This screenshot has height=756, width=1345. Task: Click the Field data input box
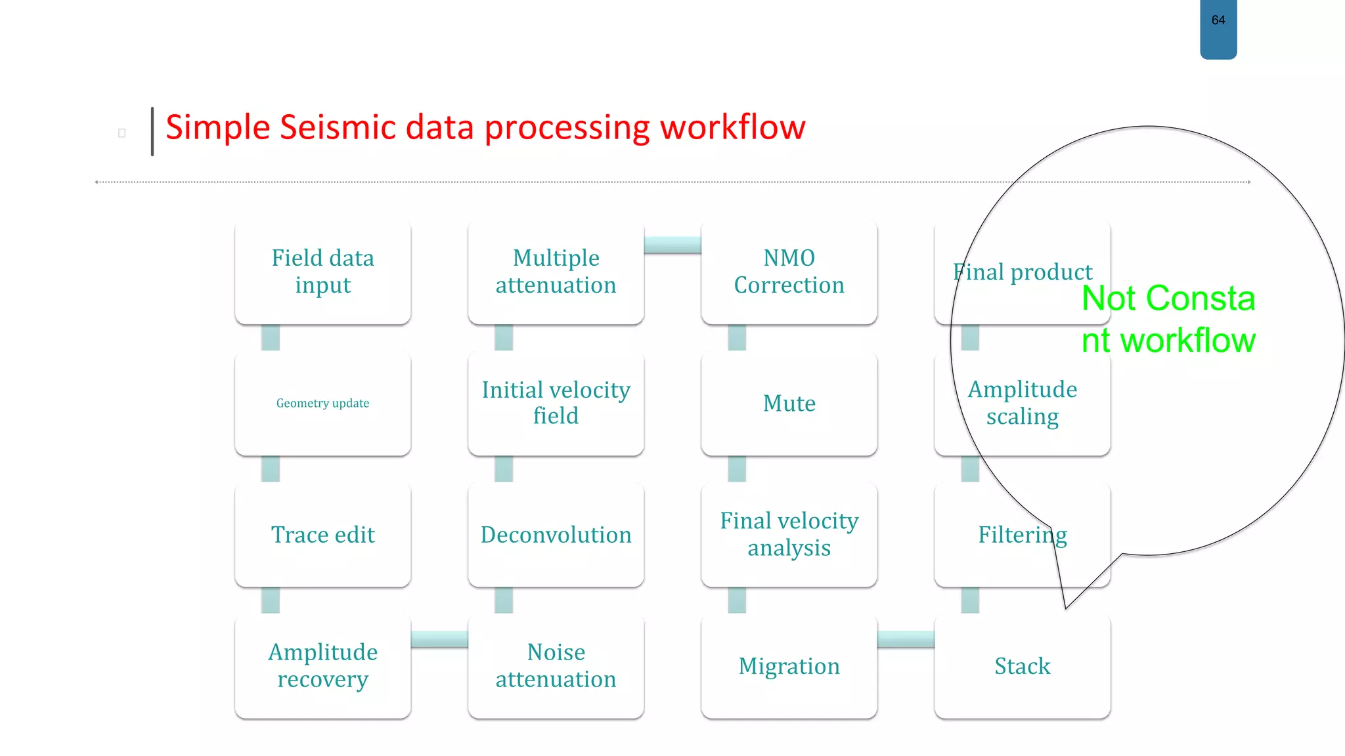(322, 272)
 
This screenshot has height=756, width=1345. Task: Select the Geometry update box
(322, 403)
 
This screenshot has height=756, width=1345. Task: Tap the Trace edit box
(322, 534)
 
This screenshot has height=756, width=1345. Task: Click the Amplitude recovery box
(322, 665)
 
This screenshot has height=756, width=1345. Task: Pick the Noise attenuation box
(556, 665)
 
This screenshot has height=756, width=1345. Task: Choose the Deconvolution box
(556, 534)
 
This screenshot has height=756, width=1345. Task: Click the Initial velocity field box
(556, 403)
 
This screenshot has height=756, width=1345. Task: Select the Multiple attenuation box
(556, 272)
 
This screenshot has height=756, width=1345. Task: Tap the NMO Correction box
(789, 272)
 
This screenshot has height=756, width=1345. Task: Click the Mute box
(789, 403)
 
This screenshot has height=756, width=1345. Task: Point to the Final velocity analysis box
(789, 534)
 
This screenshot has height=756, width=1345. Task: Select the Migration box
(789, 665)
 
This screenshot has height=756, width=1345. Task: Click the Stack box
(1022, 665)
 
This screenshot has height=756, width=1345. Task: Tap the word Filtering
(1022, 535)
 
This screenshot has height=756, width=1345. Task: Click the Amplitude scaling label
(1022, 403)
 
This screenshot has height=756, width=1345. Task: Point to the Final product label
(1022, 272)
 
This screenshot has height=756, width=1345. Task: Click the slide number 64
(1218, 20)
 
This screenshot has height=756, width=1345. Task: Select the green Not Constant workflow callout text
(1168, 319)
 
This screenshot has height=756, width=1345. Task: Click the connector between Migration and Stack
(906, 639)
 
